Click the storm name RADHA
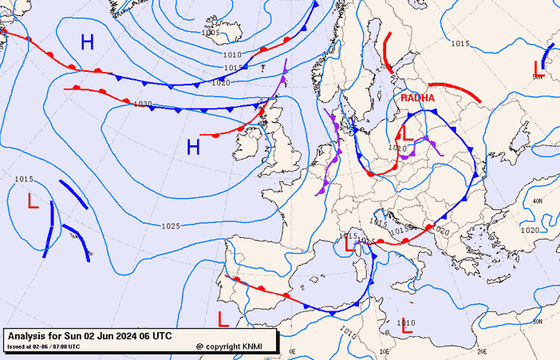(x=417, y=97)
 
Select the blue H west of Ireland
(x=193, y=146)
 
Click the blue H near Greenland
(x=87, y=42)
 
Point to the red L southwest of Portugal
(x=223, y=318)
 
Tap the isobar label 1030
(x=143, y=104)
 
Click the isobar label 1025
(x=170, y=227)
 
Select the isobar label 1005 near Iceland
(x=211, y=33)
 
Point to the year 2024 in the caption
(x=112, y=336)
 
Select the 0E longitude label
(x=292, y=351)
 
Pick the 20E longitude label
(x=482, y=351)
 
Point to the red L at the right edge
(x=538, y=71)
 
